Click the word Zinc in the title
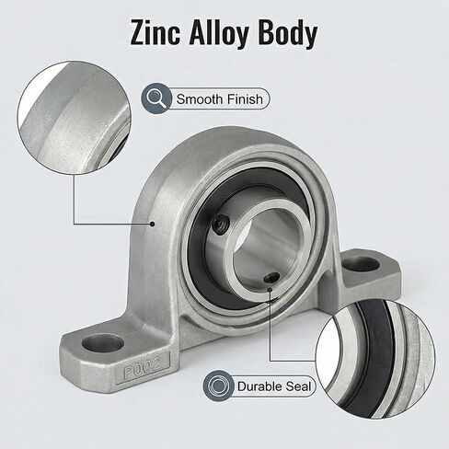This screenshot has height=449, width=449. coord(155,33)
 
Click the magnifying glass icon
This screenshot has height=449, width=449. coord(156,98)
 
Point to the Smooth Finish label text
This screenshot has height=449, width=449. coord(220,99)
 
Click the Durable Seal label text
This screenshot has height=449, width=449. coord(274,386)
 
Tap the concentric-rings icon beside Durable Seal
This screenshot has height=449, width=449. coord(218,386)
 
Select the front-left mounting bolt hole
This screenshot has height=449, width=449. coord(103,344)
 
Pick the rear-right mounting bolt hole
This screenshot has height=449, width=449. coord(360,265)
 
